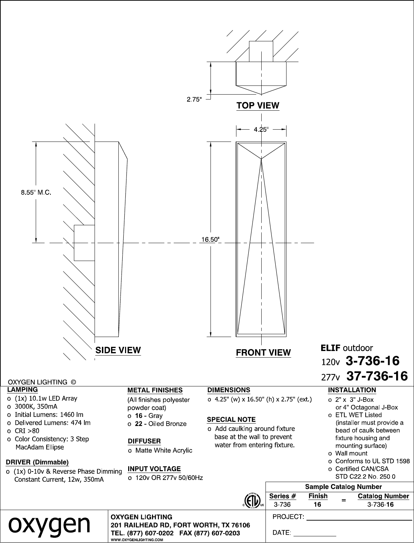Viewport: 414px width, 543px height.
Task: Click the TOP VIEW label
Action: tap(258, 105)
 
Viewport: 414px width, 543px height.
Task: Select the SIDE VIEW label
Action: tap(118, 350)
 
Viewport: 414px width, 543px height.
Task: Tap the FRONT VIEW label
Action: tap(263, 352)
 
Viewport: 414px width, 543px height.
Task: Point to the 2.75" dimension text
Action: tap(194, 99)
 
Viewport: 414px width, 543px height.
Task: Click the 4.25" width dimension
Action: tap(261, 129)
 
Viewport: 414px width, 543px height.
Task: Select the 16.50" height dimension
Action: tap(211, 240)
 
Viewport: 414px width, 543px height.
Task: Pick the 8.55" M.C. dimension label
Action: tap(36, 192)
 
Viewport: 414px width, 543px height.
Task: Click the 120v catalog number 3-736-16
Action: tap(372, 361)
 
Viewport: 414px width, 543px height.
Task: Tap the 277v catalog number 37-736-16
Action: tap(377, 376)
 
